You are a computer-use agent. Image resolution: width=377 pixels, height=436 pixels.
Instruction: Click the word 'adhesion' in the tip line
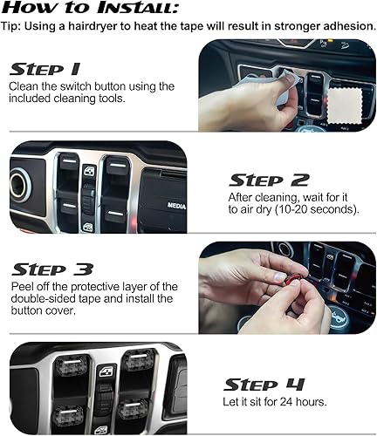click(x=339, y=24)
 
